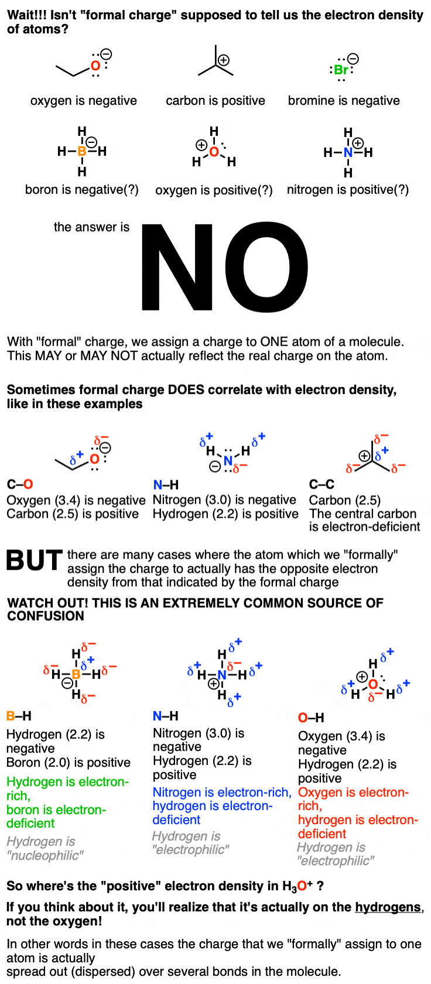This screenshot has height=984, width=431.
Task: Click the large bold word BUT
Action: (35, 561)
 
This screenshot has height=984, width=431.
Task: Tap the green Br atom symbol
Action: (341, 70)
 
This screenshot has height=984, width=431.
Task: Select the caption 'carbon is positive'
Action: (215, 101)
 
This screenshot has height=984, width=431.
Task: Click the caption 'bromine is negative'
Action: (344, 101)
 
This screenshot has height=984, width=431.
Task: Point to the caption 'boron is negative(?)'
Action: (82, 190)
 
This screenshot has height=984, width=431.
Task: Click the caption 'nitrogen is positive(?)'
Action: (348, 190)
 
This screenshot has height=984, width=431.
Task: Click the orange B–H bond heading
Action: (19, 716)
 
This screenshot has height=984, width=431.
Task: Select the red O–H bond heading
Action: (311, 718)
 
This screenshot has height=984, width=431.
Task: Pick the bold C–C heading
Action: (321, 484)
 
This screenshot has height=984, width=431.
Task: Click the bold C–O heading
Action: (20, 484)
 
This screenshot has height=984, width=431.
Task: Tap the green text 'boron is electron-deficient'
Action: (56, 816)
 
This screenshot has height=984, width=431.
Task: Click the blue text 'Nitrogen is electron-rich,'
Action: (222, 792)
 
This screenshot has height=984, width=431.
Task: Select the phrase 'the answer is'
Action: (91, 227)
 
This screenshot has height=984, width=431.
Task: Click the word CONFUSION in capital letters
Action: (45, 616)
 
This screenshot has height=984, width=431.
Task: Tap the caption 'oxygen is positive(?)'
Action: (214, 190)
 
